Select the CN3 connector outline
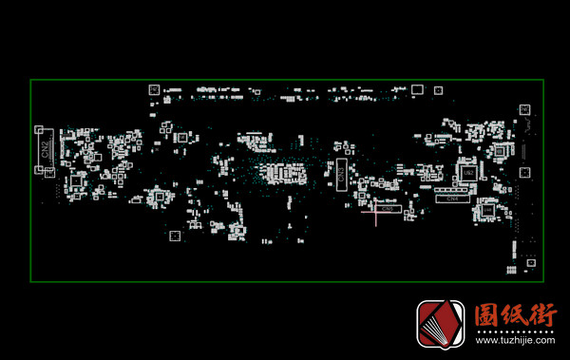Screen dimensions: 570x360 [x=343, y=171]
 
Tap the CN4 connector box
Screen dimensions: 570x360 [x=452, y=199]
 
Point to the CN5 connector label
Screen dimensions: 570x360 [x=387, y=208]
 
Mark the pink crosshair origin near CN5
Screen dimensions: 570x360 [x=376, y=212]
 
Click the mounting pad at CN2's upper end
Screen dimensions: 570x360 [x=39, y=128]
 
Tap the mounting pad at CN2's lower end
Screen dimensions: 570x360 [x=39, y=170]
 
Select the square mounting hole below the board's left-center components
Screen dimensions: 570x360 [x=174, y=235]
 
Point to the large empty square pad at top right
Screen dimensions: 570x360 [x=523, y=110]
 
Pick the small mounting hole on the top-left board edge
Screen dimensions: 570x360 [x=153, y=89]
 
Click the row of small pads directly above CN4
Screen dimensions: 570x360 [x=452, y=190]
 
